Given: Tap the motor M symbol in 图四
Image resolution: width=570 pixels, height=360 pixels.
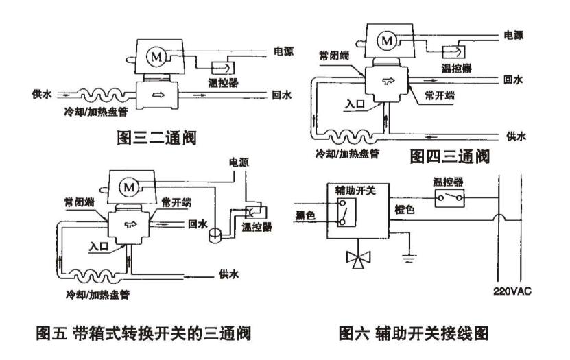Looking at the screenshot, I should (x=388, y=40).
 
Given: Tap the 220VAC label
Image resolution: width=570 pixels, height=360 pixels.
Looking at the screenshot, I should (x=512, y=290).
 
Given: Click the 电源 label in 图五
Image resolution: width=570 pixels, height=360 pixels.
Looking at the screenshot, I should (x=239, y=163).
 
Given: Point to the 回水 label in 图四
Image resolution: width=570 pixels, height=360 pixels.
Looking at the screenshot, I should (x=513, y=80).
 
